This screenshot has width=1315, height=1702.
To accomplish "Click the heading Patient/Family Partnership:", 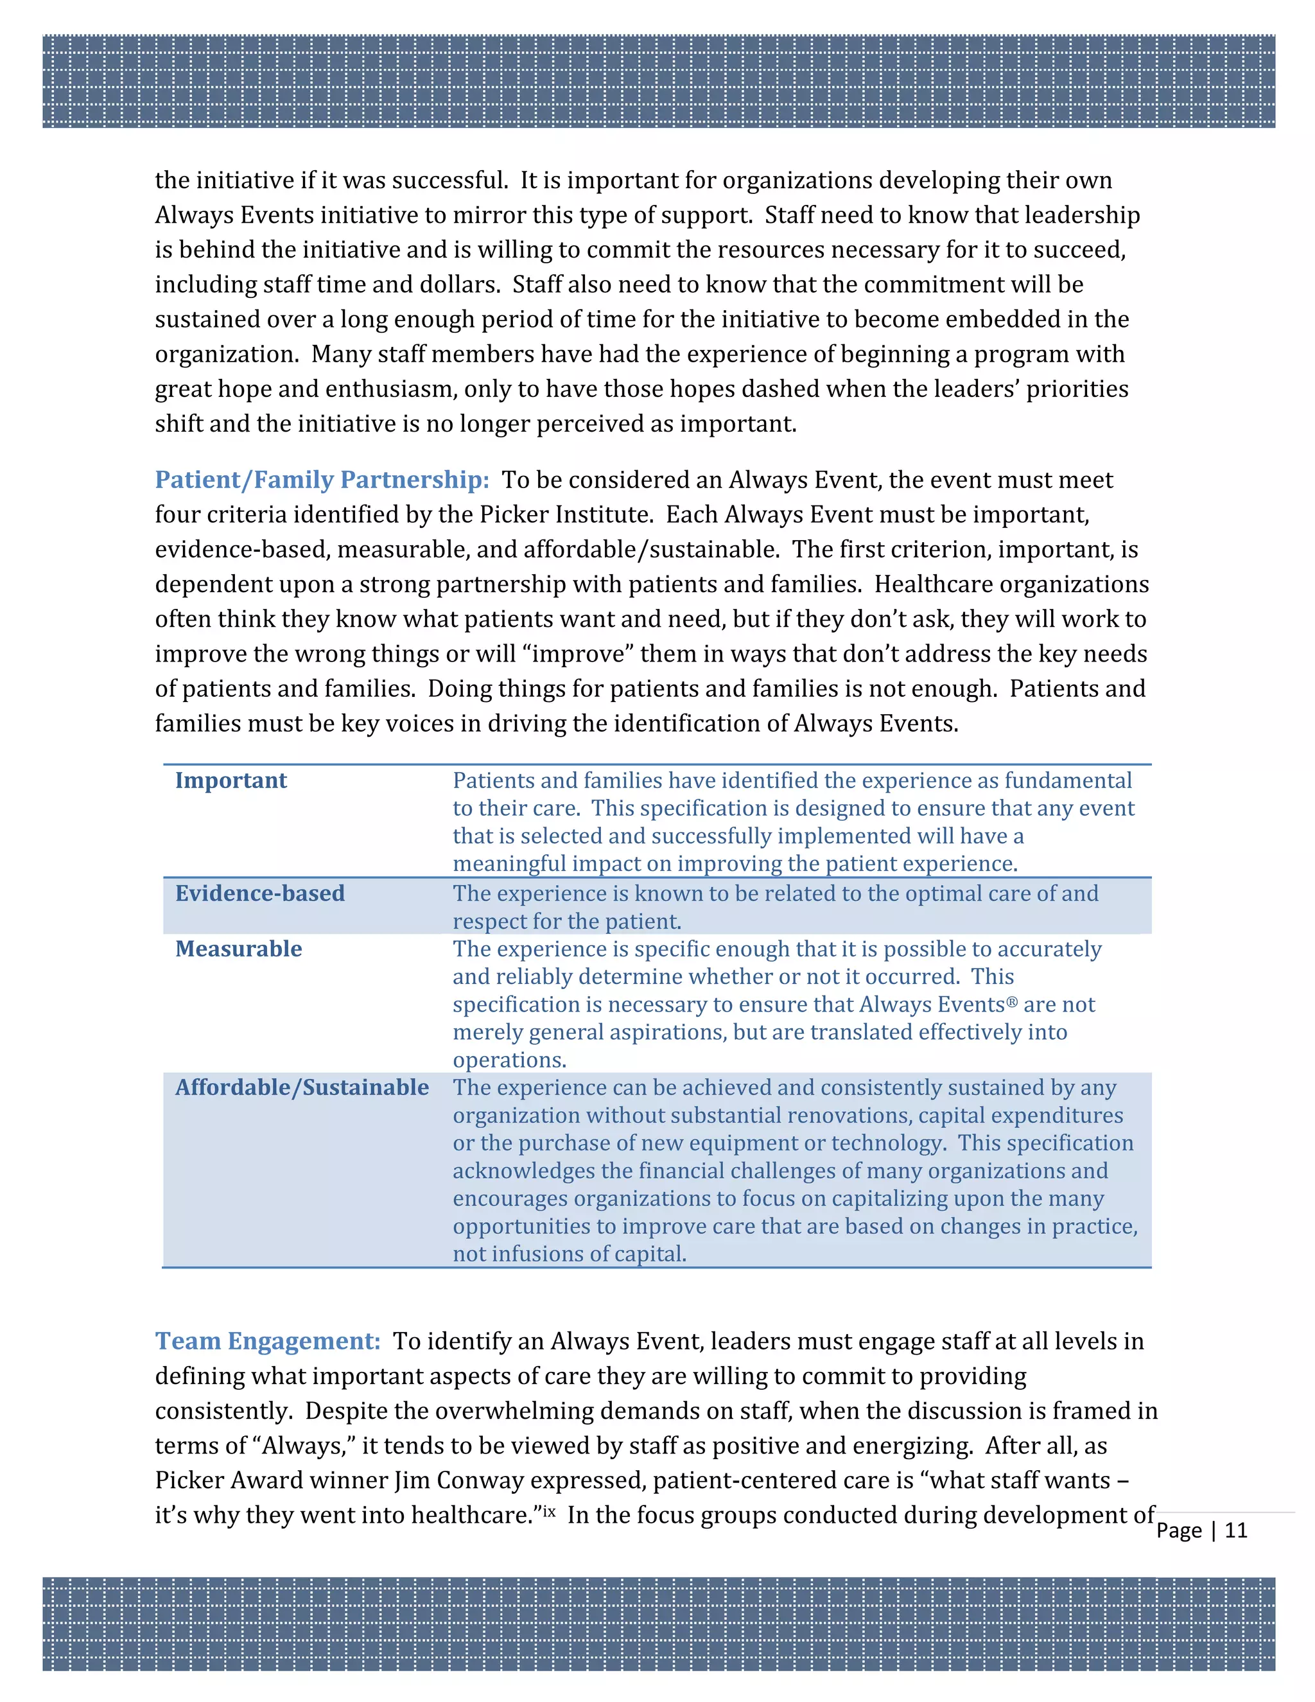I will pos(322,479).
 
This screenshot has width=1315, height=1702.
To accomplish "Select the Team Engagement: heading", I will pos(267,1340).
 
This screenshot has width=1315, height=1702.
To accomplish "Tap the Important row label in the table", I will pos(231,780).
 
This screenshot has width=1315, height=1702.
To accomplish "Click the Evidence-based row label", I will pos(259,893).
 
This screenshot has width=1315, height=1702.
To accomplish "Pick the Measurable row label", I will pos(238,949).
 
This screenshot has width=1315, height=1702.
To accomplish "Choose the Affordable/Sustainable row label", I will pos(302,1087).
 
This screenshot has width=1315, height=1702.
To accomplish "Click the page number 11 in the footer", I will pos(1235,1530).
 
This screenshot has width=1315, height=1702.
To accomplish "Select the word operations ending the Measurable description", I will pos(509,1060).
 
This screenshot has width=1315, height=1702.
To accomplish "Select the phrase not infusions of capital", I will pos(570,1254).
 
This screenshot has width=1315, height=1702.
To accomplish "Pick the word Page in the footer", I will pos(1179,1531).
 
